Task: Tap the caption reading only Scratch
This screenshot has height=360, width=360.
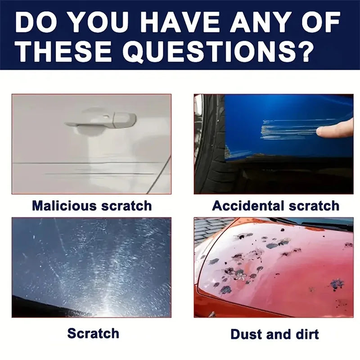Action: pos(93,333)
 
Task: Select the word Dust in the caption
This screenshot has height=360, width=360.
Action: pos(247,334)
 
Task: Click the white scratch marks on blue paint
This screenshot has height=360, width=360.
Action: pos(288,129)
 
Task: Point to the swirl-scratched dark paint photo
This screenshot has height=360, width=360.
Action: pos(91,267)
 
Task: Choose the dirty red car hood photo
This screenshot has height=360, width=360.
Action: pos(274,267)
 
